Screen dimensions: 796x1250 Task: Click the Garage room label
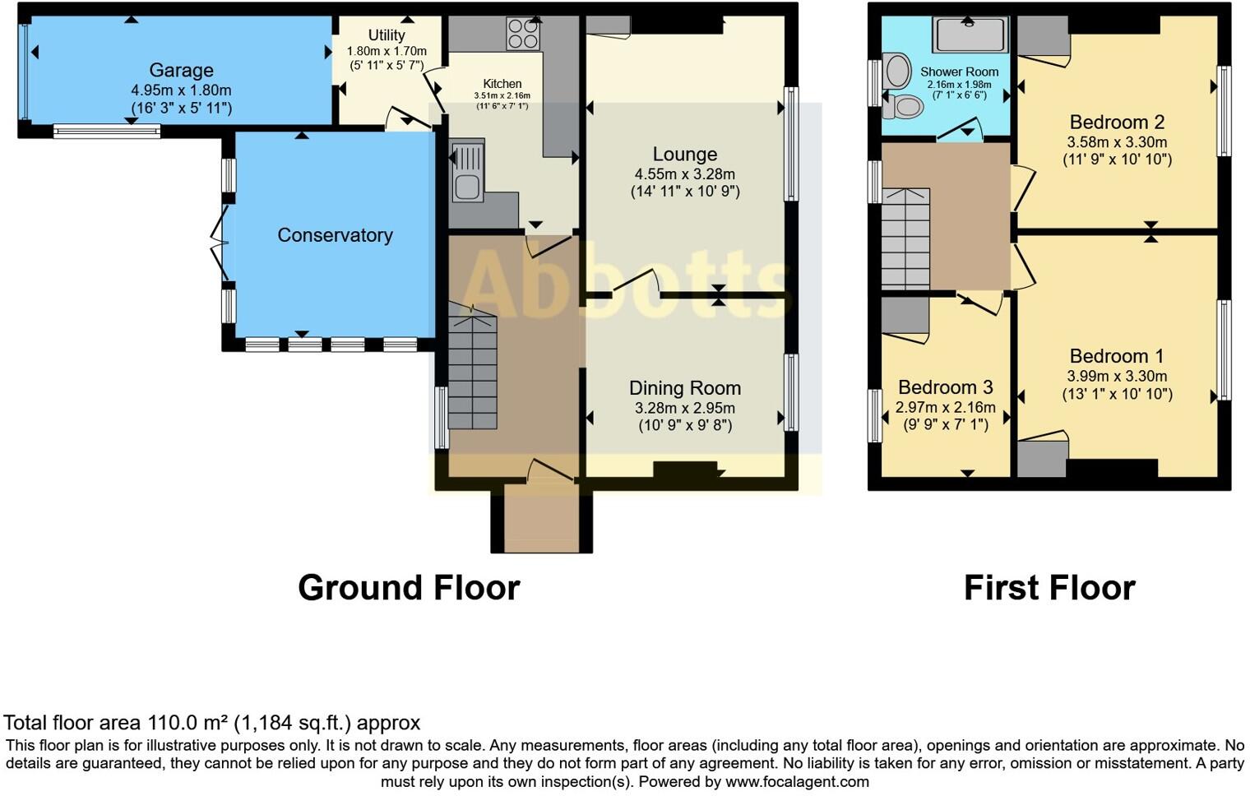(181, 71)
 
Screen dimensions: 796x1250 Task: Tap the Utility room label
(386, 35)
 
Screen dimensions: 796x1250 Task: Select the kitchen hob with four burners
(523, 34)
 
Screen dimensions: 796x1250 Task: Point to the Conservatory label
(335, 235)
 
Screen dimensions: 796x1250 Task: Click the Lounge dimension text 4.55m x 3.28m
(684, 174)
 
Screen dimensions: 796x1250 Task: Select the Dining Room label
(684, 388)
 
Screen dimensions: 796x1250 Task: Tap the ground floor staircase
(473, 370)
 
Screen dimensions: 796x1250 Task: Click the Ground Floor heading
(409, 588)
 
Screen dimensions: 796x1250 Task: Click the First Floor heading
(1049, 588)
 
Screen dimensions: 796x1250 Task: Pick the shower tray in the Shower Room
(970, 35)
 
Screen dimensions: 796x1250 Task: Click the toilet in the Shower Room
(907, 106)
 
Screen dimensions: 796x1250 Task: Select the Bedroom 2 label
(1117, 123)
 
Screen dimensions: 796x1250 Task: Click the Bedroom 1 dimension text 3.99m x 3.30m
(1117, 377)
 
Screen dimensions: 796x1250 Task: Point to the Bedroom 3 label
(945, 387)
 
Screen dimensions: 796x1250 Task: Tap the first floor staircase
(905, 238)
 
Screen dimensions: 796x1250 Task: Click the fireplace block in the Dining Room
(685, 469)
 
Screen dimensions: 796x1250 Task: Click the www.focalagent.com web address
(797, 782)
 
